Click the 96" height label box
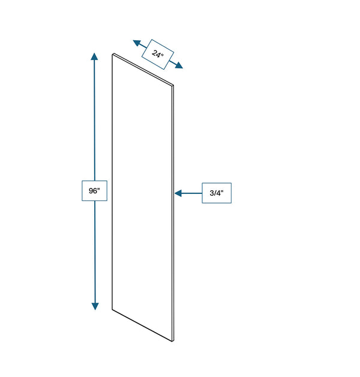pyautogui.click(x=94, y=191)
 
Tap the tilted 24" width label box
pyautogui.click(x=158, y=55)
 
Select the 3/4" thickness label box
pyautogui.click(x=217, y=193)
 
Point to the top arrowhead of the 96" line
pyautogui.click(x=94, y=56)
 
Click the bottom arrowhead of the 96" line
pyautogui.click(x=95, y=306)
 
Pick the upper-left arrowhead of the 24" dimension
pyautogui.click(x=137, y=43)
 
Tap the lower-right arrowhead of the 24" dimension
pyautogui.click(x=179, y=65)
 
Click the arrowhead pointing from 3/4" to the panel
pyautogui.click(x=178, y=193)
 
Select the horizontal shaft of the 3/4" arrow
pyautogui.click(x=192, y=193)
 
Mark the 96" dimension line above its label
pyautogui.click(x=94, y=120)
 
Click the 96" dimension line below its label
pyautogui.click(x=95, y=252)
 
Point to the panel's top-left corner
pyautogui.click(x=112, y=55)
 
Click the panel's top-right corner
pyautogui.click(x=173, y=85)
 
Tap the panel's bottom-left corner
pyautogui.click(x=112, y=309)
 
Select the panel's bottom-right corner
pyautogui.click(x=173, y=341)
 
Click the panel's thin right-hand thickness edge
pyautogui.click(x=173, y=213)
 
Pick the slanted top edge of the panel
pyautogui.click(x=143, y=70)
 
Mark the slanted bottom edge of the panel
pyautogui.click(x=142, y=325)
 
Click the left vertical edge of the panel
pyautogui.click(x=112, y=182)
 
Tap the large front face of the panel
pyautogui.click(x=142, y=197)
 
